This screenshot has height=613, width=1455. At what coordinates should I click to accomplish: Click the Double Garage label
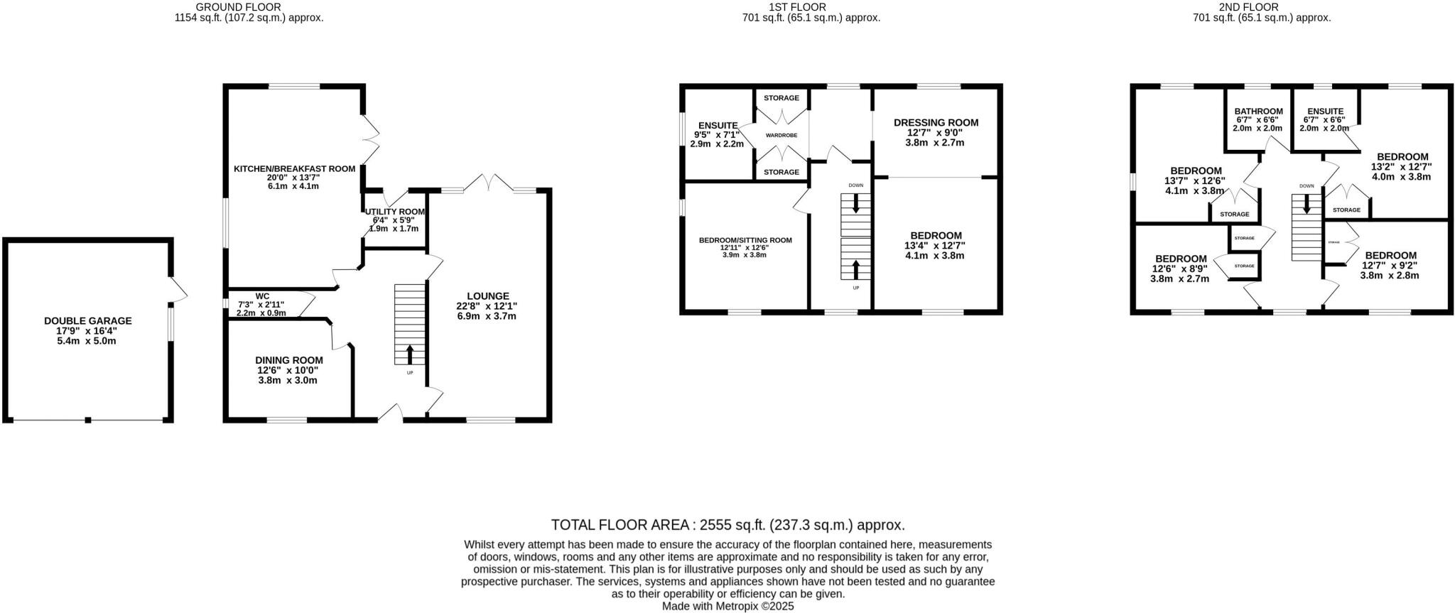(x=87, y=321)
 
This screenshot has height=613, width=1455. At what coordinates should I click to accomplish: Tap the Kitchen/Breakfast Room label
(x=294, y=169)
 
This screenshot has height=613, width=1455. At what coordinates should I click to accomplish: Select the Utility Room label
(x=395, y=212)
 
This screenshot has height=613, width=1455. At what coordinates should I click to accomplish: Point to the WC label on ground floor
(x=262, y=296)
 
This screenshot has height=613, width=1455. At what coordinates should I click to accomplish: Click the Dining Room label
(x=288, y=360)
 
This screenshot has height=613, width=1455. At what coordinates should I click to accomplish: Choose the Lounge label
(x=487, y=296)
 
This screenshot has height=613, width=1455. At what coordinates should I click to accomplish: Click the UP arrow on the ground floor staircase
(x=410, y=354)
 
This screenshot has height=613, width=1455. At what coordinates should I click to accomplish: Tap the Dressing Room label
(x=936, y=122)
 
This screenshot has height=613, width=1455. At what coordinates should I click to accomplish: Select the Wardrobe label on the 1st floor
(x=781, y=135)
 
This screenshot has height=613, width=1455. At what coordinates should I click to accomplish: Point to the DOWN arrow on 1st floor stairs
(x=855, y=205)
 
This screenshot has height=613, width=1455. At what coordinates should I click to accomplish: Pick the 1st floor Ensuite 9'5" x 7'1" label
(x=718, y=126)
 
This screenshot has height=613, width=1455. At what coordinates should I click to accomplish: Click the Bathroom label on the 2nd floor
(x=1258, y=112)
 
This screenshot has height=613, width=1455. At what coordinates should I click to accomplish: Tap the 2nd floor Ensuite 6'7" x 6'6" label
(x=1324, y=112)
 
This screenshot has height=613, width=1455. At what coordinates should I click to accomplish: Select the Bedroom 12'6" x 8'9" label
(x=1180, y=259)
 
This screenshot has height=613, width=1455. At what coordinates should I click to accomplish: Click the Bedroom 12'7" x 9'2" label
(x=1390, y=256)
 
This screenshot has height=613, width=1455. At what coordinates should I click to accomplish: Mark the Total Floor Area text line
(x=727, y=525)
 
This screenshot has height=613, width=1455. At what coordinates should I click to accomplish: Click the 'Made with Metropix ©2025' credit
(x=727, y=606)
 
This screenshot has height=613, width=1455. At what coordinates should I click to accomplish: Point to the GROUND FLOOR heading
(x=249, y=7)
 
